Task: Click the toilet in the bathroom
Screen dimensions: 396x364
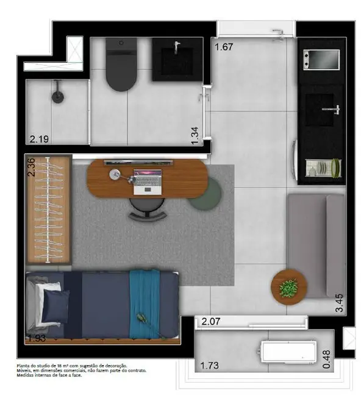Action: point(122,65)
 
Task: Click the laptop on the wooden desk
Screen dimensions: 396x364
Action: point(147,182)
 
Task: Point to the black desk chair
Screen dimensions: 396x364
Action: point(146,209)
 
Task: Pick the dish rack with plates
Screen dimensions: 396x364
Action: point(321,166)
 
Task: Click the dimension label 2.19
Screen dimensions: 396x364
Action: point(39,139)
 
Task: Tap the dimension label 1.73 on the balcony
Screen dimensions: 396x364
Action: point(210,366)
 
